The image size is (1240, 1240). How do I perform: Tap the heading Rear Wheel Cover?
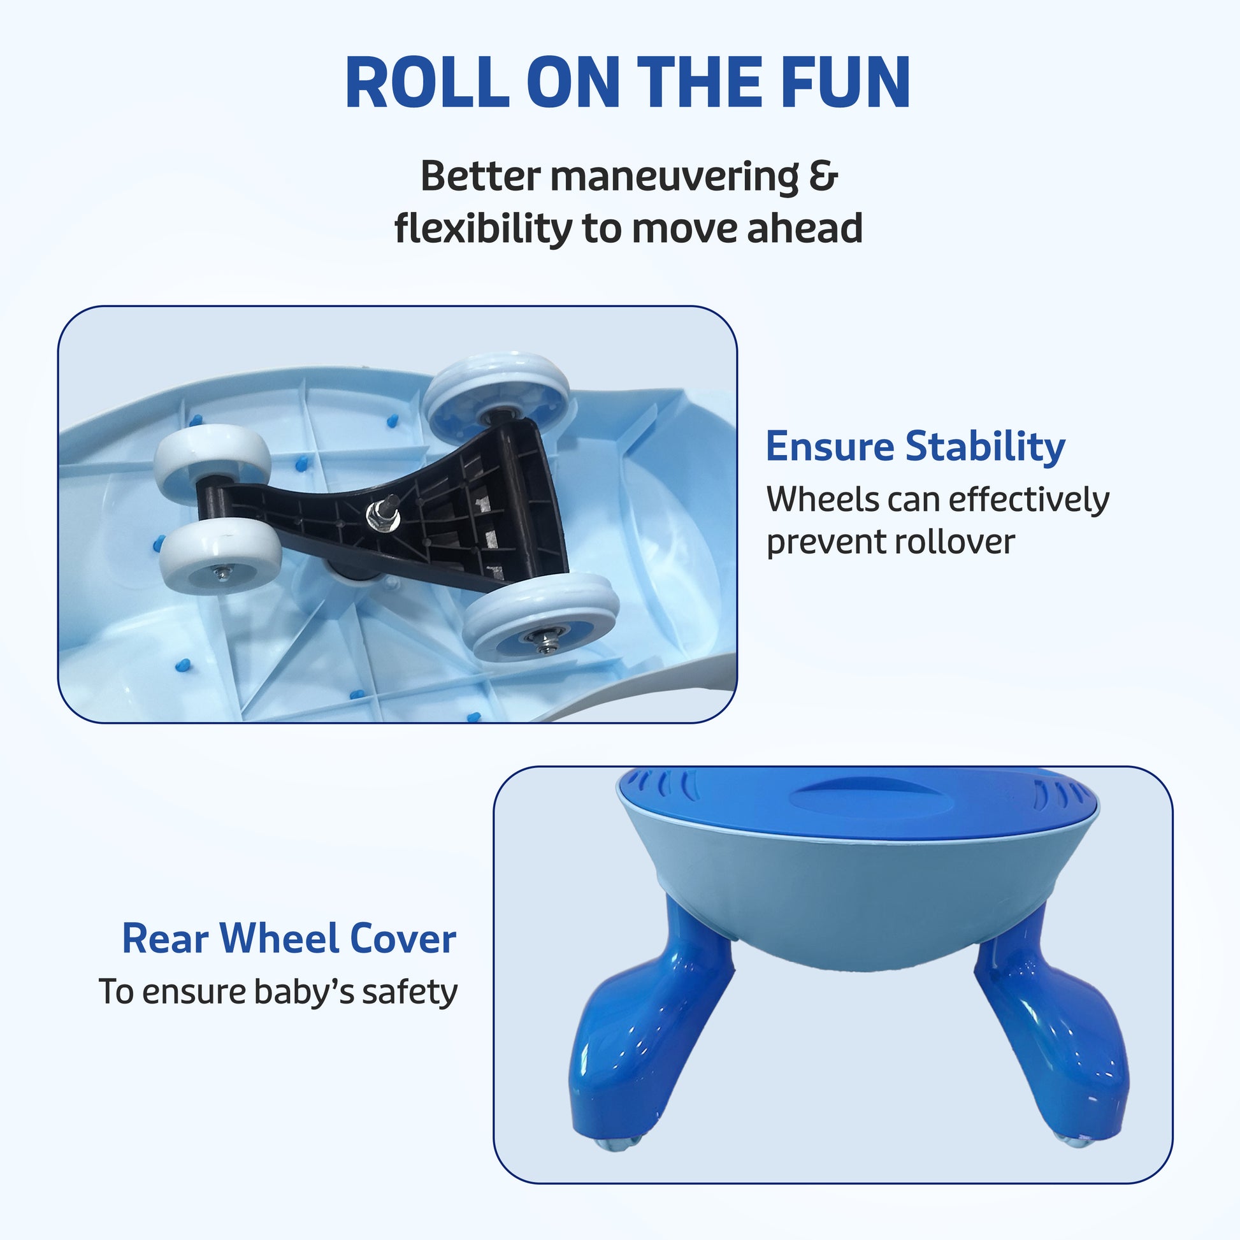289,939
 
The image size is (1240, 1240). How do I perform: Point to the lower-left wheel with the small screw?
220,558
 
